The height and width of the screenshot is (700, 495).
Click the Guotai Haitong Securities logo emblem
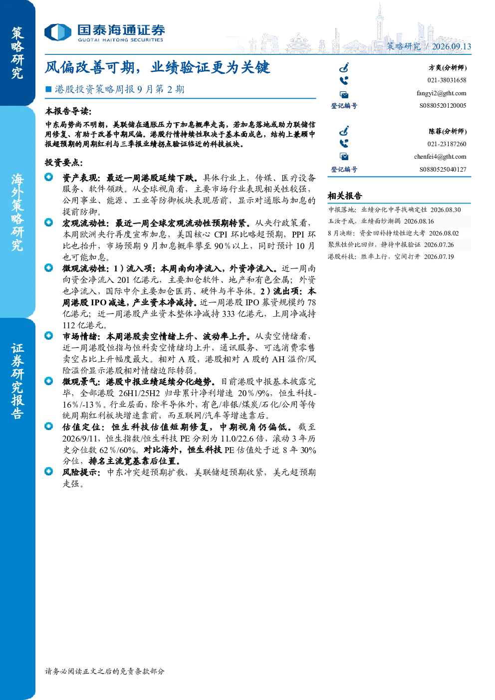click(x=58, y=32)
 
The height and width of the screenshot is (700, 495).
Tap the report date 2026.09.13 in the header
click(x=451, y=46)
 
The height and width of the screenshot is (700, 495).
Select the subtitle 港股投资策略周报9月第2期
click(x=120, y=89)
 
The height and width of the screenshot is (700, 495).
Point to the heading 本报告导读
click(x=68, y=111)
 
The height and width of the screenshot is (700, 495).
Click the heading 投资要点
click(x=64, y=163)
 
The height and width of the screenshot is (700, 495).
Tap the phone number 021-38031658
click(x=447, y=80)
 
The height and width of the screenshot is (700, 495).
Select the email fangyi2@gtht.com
click(x=441, y=93)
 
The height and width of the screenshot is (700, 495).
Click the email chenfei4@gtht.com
click(x=440, y=157)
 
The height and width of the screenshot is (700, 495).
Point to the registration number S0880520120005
click(x=443, y=106)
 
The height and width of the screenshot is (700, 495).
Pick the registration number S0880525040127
click(x=443, y=169)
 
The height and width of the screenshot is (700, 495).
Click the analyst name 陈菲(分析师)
click(x=448, y=131)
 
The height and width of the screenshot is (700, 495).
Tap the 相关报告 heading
click(x=345, y=196)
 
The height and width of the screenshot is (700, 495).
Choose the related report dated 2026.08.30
click(x=394, y=210)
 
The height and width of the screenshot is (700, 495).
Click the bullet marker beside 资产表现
click(x=49, y=177)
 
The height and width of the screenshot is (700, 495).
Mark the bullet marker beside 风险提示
click(x=49, y=471)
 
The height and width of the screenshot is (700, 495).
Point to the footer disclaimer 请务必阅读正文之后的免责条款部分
click(x=105, y=671)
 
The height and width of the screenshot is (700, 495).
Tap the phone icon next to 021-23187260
click(x=344, y=143)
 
